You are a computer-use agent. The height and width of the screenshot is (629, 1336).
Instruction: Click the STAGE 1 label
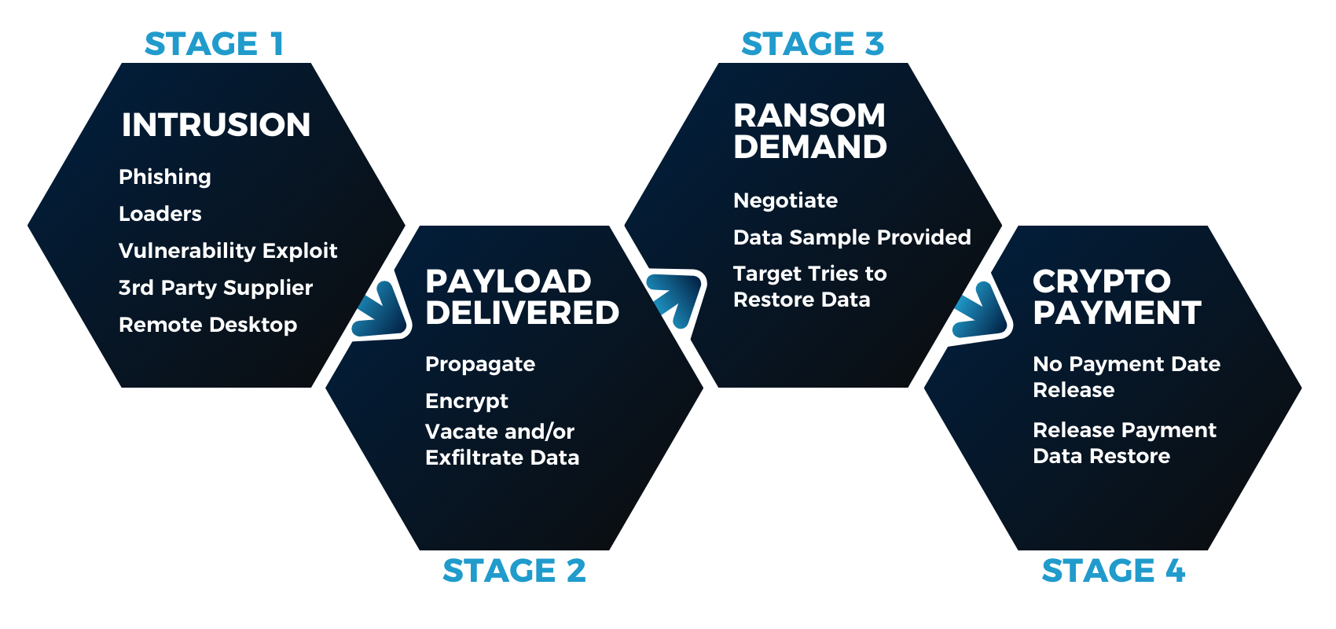coord(214,44)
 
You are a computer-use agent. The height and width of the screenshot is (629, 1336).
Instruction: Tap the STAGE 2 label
coord(514,571)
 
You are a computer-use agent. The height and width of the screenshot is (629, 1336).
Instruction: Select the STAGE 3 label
coord(813,44)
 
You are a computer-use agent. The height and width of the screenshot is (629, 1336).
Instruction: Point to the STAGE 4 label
coord(1113,571)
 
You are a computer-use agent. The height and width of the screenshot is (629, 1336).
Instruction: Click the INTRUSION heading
coord(216,125)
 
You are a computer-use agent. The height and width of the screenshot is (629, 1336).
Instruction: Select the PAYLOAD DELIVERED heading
coord(522,297)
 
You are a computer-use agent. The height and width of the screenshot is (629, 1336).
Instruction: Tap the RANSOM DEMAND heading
coord(809,131)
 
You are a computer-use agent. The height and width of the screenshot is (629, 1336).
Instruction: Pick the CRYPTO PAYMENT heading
coord(1116,297)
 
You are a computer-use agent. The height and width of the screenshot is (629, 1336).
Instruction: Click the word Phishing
coord(165,177)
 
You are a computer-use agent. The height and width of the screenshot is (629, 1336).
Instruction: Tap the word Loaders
coord(160,214)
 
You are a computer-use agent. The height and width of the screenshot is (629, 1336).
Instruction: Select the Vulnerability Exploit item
coord(228,251)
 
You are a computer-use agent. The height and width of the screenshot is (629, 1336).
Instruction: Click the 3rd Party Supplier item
coord(215,288)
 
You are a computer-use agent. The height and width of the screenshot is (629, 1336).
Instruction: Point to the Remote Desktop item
coord(207,325)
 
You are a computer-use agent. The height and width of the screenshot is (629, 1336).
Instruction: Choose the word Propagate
coord(480,364)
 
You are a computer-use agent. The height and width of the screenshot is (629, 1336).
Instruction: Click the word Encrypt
coord(467,401)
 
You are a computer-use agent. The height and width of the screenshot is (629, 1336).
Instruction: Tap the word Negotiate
coord(785,200)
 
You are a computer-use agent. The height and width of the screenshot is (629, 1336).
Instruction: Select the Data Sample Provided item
coord(852,237)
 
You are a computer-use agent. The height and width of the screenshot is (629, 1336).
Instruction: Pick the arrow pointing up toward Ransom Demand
coord(675,297)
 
